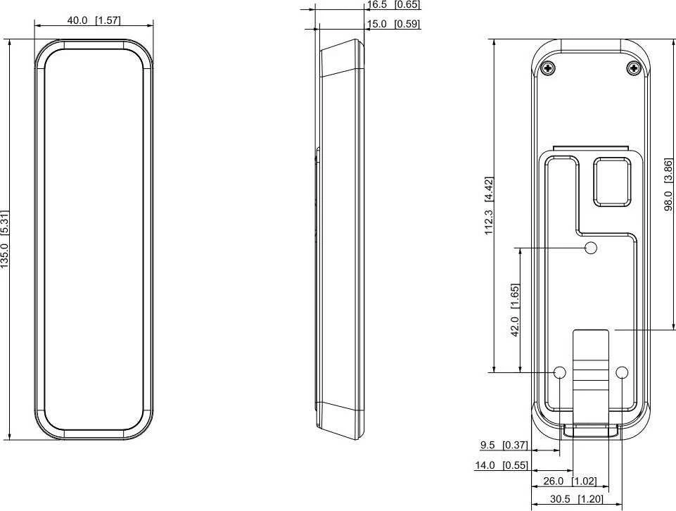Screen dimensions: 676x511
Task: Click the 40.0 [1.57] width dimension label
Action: tap(94, 20)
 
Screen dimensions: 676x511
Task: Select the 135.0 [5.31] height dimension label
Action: tap(5, 239)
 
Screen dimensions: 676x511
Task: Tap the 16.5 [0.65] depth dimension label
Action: tap(393, 5)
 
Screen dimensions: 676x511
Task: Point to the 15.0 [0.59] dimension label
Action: tap(393, 24)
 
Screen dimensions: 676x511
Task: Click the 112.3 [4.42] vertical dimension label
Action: tap(488, 206)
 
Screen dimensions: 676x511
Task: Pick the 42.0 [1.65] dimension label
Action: tap(514, 310)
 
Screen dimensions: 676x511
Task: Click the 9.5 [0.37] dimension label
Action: tap(504, 445)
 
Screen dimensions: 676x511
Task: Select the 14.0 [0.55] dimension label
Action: tap(501, 465)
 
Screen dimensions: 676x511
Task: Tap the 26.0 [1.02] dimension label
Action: tap(570, 481)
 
